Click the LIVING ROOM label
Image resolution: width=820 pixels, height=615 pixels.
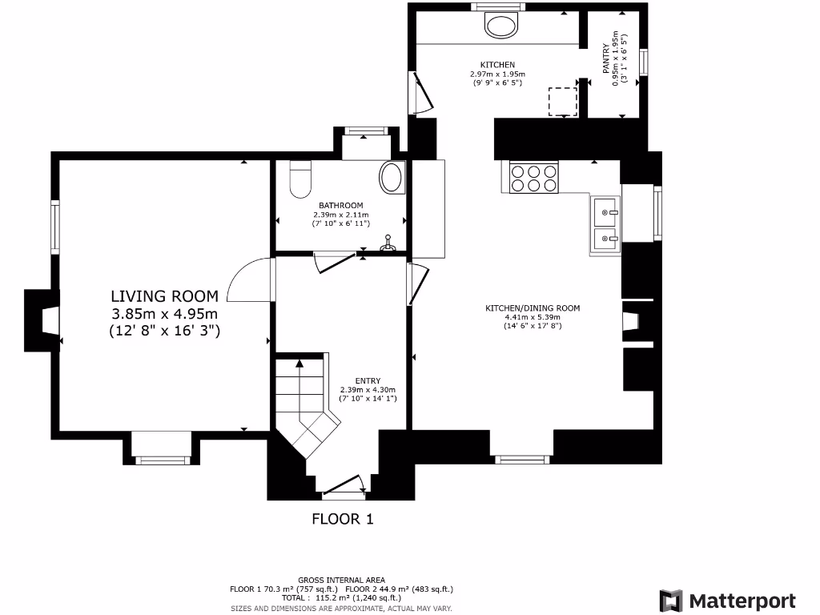164,296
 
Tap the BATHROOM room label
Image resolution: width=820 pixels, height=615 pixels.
340,206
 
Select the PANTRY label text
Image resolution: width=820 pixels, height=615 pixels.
606,58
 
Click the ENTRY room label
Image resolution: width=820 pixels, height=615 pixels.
368,380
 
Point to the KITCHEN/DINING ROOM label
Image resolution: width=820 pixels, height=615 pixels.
533,308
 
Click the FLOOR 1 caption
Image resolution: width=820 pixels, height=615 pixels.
343,519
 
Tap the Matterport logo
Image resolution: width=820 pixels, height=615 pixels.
727,601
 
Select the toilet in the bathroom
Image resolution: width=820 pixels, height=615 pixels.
300,179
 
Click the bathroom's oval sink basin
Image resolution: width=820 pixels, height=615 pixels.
392,177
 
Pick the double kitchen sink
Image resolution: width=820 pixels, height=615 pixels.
606,224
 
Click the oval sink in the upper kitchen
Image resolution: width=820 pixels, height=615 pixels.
501,26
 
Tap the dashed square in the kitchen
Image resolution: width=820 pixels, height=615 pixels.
563,102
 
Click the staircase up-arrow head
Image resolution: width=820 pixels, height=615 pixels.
299,363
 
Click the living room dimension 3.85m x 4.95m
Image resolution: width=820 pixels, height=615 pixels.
164,314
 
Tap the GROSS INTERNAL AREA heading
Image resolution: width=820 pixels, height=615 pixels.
341,580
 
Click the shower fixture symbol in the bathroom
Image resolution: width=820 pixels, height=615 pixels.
388,243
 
